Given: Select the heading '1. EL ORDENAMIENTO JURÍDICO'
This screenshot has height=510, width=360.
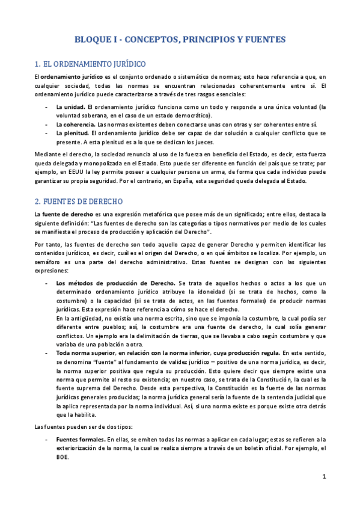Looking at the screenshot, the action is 90,63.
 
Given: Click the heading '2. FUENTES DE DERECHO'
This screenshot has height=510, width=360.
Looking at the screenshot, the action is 79,201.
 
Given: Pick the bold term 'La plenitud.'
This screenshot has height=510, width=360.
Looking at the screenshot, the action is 73,133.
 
